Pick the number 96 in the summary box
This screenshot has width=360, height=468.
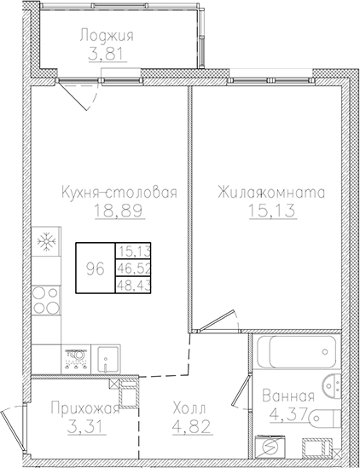point(96,268)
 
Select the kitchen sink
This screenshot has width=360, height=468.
point(107,357)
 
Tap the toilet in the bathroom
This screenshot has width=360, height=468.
point(326,417)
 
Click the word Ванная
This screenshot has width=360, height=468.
point(287,397)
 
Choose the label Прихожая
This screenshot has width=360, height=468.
point(78,407)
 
